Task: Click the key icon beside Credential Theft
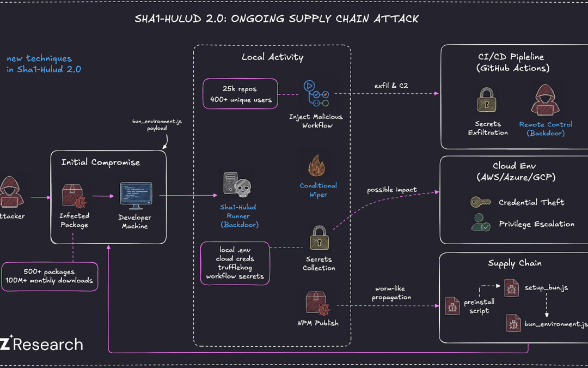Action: [x=480, y=202]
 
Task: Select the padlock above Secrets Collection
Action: [x=319, y=238]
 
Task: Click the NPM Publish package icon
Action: [x=318, y=303]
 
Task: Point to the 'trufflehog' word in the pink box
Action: [x=235, y=268]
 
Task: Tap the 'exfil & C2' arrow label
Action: [x=388, y=86]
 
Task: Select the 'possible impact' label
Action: [x=391, y=190]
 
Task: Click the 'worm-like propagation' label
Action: [x=392, y=293]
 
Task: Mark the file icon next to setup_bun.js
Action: [x=511, y=287]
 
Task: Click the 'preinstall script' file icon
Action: [x=452, y=305]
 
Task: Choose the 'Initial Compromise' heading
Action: [x=101, y=162]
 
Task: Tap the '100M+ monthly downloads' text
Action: [x=50, y=280]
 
